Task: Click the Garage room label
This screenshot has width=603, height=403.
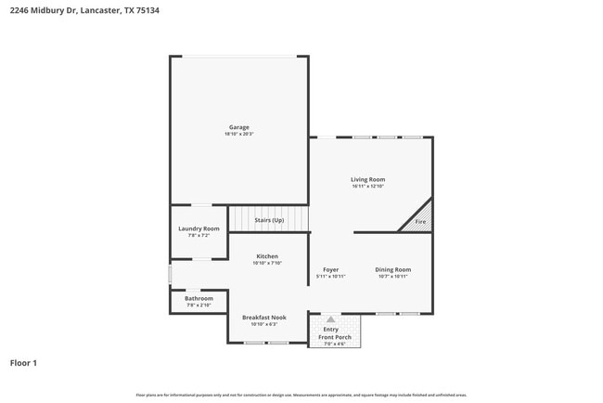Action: pyautogui.click(x=239, y=127)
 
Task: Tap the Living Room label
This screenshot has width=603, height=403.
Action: pyautogui.click(x=367, y=179)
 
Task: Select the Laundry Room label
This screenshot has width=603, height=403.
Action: pyautogui.click(x=199, y=228)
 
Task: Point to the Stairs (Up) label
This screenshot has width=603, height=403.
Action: pyautogui.click(x=269, y=220)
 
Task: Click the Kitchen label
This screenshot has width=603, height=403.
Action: pyautogui.click(x=267, y=256)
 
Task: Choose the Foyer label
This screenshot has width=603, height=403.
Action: pyautogui.click(x=330, y=269)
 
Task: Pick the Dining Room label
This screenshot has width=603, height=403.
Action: pyautogui.click(x=392, y=269)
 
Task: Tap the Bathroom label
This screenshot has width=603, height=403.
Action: pyautogui.click(x=199, y=298)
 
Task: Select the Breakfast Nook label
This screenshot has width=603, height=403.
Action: pyautogui.click(x=264, y=318)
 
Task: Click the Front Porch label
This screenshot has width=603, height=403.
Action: pyautogui.click(x=334, y=336)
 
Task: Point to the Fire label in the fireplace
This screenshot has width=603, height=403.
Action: pyautogui.click(x=420, y=222)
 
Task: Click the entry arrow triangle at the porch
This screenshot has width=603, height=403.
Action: pyautogui.click(x=331, y=319)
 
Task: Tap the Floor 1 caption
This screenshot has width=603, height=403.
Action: pyautogui.click(x=23, y=363)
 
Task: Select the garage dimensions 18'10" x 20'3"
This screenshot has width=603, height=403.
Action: pyautogui.click(x=239, y=135)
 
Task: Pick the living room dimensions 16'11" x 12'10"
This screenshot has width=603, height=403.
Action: pyautogui.click(x=367, y=187)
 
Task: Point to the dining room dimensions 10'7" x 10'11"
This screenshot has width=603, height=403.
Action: pyautogui.click(x=392, y=277)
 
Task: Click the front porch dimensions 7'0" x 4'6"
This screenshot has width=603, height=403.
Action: pyautogui.click(x=334, y=344)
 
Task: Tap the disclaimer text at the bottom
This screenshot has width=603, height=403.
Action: pyautogui.click(x=301, y=395)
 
